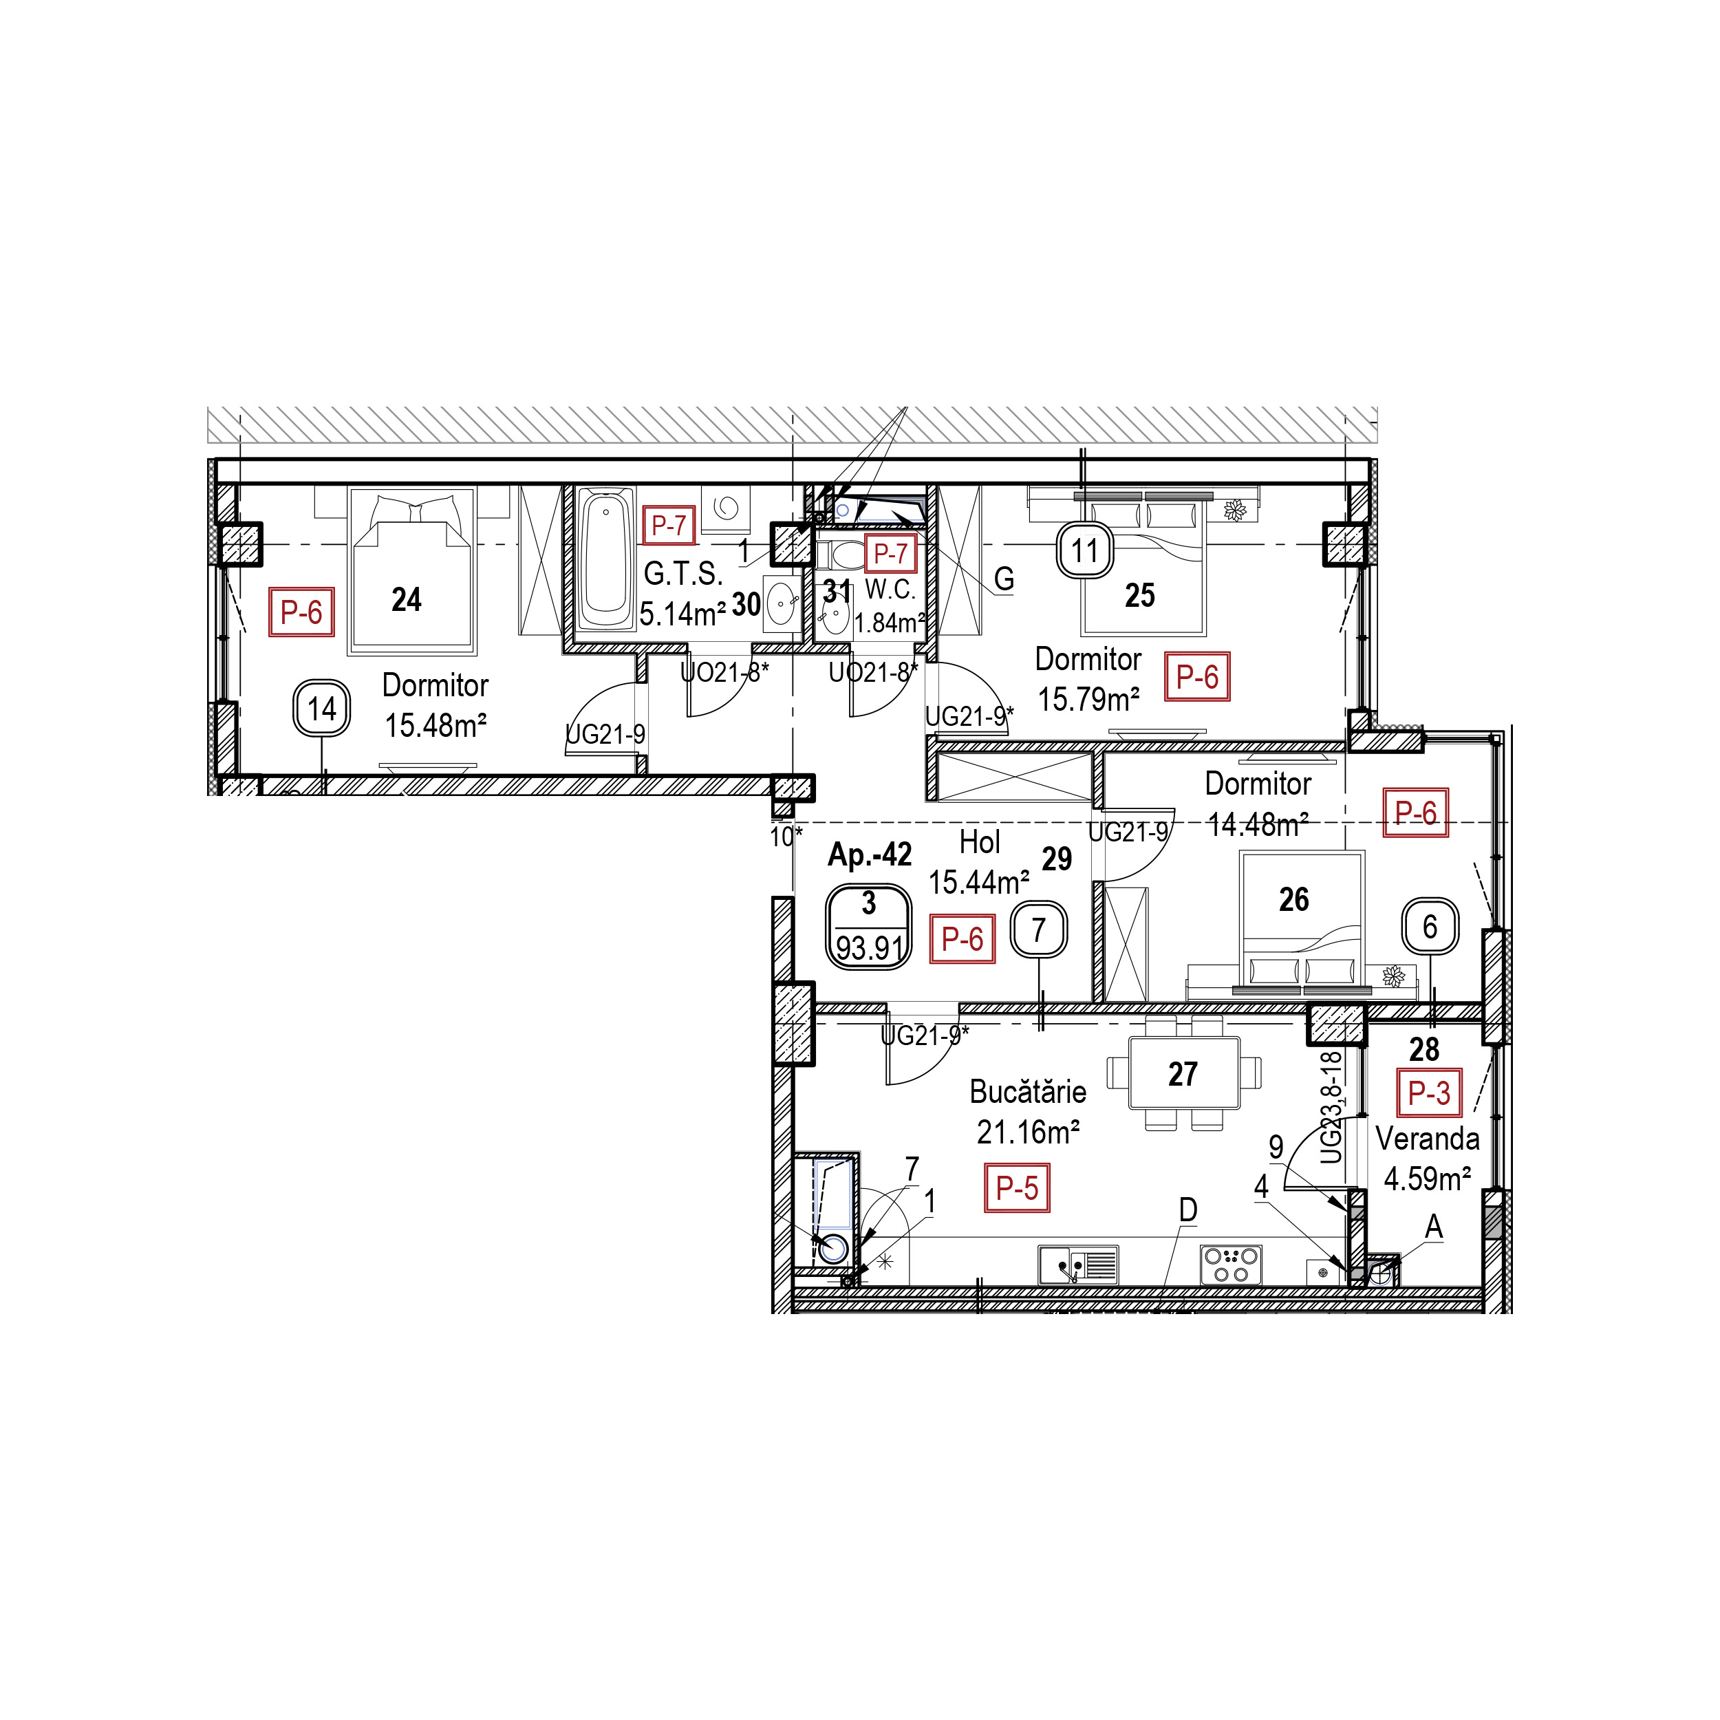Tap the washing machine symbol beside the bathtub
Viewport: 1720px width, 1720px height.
tap(726, 508)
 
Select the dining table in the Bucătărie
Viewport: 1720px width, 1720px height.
tap(1184, 1073)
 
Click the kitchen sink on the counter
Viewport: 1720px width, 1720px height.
tap(1078, 1264)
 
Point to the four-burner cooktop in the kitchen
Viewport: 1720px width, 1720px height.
tap(1232, 1264)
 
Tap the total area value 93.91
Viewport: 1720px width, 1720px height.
tap(870, 948)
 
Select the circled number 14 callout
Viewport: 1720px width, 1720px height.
tap(321, 709)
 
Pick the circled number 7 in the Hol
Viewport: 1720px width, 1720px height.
tap(1038, 930)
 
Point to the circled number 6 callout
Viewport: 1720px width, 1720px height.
tap(1430, 926)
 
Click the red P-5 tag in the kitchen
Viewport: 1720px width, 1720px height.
tap(1017, 1187)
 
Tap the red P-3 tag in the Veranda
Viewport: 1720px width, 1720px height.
tap(1429, 1093)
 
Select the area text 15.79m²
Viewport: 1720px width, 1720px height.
tap(1089, 700)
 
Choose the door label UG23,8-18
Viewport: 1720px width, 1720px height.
tap(1331, 1108)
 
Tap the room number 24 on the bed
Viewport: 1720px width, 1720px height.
tap(406, 599)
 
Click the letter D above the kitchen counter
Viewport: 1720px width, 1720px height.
tap(1187, 1210)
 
